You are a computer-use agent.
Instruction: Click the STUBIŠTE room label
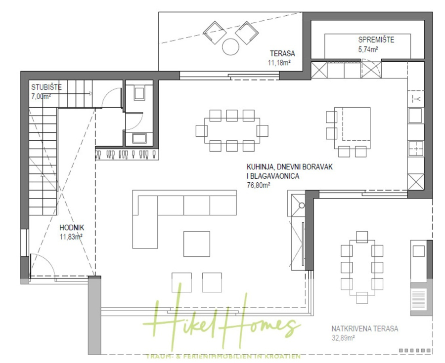coord(46,87)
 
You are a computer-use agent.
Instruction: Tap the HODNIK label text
coord(71,228)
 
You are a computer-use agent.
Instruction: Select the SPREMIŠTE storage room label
coord(376,40)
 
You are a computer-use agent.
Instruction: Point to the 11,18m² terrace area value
coord(279,63)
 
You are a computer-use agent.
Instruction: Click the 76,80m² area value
coord(258,185)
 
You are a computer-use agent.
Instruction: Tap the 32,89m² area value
coord(344,338)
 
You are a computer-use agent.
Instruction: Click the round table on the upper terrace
coord(230,47)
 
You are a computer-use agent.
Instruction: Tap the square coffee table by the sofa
coord(197,244)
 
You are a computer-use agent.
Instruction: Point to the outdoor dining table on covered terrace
coord(362,267)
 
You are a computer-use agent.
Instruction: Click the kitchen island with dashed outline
coord(353,124)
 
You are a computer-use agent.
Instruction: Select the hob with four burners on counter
coord(416,148)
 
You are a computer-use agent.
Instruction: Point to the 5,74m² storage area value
coord(368,49)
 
